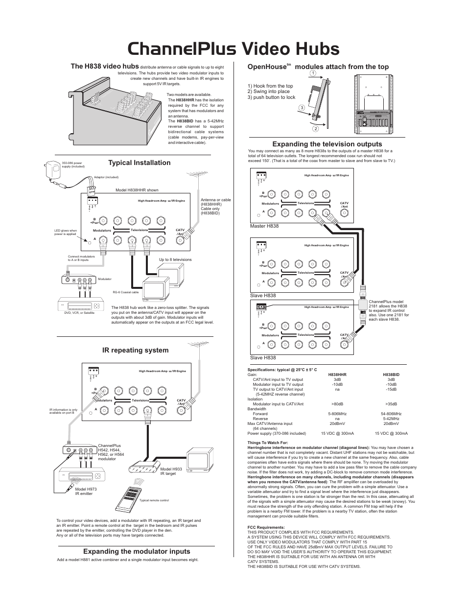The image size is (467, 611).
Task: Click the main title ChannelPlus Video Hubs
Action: (233, 49)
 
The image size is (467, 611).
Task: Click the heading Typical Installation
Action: (140, 163)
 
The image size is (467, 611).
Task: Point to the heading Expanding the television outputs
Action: (327, 144)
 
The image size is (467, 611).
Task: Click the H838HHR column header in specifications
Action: (337, 375)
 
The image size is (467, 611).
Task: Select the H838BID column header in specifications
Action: (391, 375)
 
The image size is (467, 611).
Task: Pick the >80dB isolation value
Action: (337, 404)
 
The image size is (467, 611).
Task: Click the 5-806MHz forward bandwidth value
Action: (337, 414)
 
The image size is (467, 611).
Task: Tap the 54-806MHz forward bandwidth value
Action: (391, 414)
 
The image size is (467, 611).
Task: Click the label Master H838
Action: (264, 226)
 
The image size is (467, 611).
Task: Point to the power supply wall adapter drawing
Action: (53, 171)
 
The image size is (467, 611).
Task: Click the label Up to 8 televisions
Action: (175, 259)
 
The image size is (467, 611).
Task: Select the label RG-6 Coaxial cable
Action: (126, 292)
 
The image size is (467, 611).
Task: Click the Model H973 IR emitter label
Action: (84, 491)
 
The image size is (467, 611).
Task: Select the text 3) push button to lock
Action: (271, 97)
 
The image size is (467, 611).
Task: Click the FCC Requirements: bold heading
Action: (266, 527)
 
